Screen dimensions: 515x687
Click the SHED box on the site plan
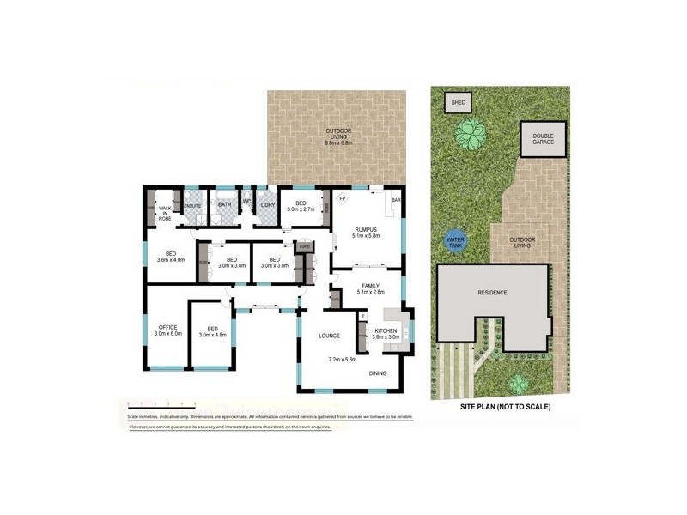459,103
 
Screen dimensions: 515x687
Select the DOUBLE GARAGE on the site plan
543,138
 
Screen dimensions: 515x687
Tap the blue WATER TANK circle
455,240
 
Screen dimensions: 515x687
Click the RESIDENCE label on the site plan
492,293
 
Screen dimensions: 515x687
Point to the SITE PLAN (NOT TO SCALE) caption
505,406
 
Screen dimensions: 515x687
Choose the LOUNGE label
331,336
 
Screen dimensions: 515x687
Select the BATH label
225,204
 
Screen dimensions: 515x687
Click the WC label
246,203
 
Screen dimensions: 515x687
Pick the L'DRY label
268,204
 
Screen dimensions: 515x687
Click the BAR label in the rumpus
396,201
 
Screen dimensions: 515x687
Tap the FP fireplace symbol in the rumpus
342,200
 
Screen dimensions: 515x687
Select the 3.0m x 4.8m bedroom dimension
211,333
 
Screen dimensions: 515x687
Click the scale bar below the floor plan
161,403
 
